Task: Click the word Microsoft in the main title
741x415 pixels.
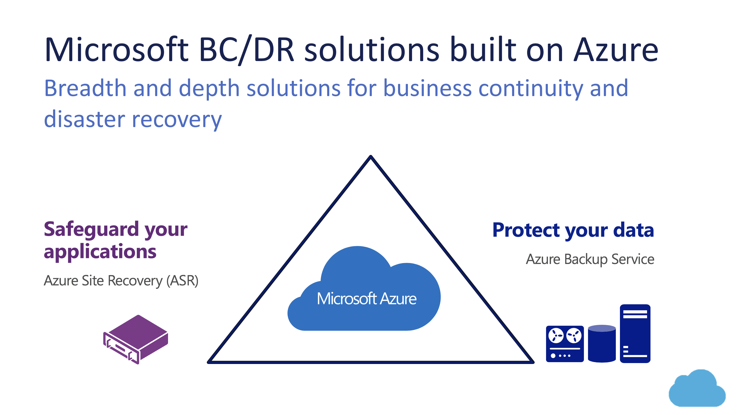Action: [x=117, y=49]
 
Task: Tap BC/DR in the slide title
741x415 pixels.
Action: [x=247, y=49]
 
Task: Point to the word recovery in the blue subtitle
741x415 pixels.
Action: [x=177, y=119]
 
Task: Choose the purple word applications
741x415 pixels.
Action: [x=100, y=251]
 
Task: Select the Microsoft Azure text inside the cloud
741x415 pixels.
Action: [x=366, y=299]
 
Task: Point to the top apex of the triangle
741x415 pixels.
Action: [x=371, y=157]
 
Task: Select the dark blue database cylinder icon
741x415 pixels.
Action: [x=601, y=344]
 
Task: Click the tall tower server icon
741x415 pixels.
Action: [x=635, y=333]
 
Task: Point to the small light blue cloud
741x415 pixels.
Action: [x=697, y=389]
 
